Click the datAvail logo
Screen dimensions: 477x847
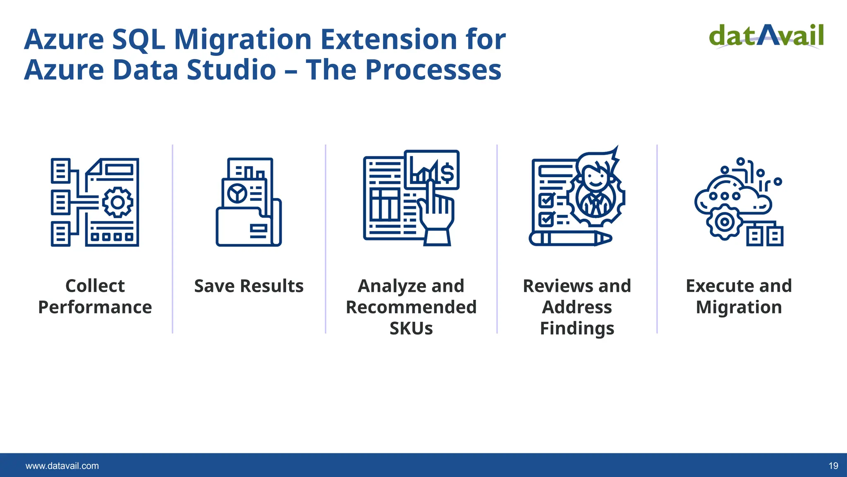766,36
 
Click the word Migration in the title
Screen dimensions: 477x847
243,39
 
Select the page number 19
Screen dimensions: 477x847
833,466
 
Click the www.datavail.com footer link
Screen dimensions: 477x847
62,466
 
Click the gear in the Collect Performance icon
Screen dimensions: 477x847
117,202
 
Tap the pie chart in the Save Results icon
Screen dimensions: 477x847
237,193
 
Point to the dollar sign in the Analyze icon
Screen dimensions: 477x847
447,173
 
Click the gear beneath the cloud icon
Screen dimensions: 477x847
725,222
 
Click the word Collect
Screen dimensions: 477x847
95,286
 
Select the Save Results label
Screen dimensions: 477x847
249,286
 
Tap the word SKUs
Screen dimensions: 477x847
411,328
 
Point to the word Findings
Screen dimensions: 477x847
577,328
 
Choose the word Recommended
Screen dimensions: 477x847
411,307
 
